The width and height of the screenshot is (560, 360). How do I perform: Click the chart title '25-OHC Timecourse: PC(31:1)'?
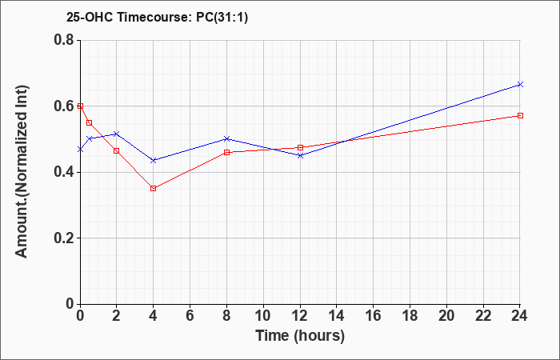click(x=157, y=18)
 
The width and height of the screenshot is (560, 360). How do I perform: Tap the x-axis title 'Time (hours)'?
click(x=300, y=336)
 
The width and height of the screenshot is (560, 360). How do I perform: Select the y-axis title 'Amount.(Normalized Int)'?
click(x=22, y=171)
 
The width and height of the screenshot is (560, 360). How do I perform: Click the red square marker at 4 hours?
click(x=154, y=188)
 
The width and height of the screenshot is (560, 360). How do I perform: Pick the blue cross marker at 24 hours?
click(x=520, y=84)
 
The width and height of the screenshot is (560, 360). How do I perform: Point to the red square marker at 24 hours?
click(x=520, y=115)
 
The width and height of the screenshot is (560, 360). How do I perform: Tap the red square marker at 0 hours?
click(x=80, y=106)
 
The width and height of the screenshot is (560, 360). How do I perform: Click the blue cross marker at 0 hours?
click(x=80, y=150)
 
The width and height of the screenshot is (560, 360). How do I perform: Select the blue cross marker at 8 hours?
click(x=226, y=138)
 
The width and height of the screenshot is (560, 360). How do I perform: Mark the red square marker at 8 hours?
click(x=226, y=153)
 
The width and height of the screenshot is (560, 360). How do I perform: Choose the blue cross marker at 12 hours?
click(x=300, y=155)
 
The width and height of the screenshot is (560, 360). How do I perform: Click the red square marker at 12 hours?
click(x=300, y=147)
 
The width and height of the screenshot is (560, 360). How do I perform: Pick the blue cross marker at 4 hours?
click(x=154, y=160)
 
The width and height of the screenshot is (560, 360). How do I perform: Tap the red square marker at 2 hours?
click(x=117, y=150)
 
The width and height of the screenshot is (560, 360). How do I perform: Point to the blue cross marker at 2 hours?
click(x=117, y=134)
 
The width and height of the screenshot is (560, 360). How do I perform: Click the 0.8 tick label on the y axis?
click(x=63, y=40)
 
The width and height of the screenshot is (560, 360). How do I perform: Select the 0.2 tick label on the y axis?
click(x=63, y=238)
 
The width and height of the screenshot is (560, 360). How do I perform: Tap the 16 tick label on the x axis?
click(x=374, y=316)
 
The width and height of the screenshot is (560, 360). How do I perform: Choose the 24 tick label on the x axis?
click(x=519, y=316)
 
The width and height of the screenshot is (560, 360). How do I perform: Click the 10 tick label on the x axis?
click(x=263, y=316)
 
